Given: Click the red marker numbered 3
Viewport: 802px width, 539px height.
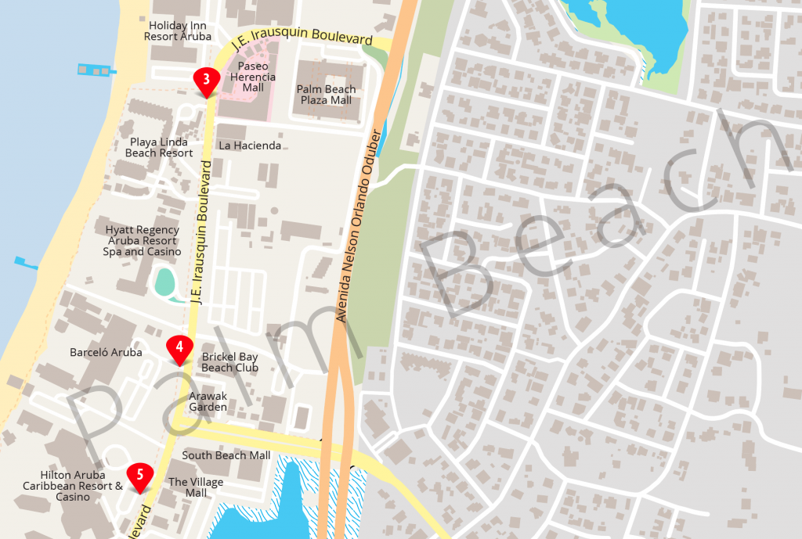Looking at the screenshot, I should pos(205,80).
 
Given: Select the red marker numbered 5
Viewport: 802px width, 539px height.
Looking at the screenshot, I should pos(140,475).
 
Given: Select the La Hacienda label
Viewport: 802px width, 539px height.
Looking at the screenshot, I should pos(249,146).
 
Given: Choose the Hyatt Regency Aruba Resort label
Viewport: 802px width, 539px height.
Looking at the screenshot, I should pos(143,241).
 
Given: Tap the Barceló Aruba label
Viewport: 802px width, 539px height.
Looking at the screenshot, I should pos(106,353).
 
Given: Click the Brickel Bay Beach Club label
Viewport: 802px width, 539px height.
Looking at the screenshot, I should pos(229,362).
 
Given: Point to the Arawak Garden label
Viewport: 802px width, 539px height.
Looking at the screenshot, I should pos(208,401).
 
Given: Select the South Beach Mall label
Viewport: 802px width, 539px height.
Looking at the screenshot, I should pos(226,455).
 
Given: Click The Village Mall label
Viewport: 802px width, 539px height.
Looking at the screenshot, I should pos(196,487).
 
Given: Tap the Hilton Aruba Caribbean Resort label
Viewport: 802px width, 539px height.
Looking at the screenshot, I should pos(73,486).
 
